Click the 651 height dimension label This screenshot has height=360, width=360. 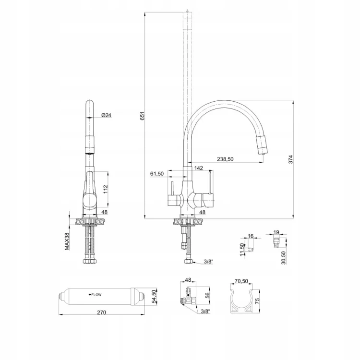coord(143,116)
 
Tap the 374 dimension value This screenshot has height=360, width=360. coord(291,159)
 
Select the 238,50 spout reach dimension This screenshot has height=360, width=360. coord(225,159)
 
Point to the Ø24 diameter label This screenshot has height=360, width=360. coord(106,115)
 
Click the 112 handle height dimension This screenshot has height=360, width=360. coord(106,189)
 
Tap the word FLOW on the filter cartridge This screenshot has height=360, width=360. coord(96,295)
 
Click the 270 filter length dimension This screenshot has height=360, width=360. coord(101,312)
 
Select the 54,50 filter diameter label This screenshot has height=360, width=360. coord(154,297)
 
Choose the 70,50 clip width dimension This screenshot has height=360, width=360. coord(241,281)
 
